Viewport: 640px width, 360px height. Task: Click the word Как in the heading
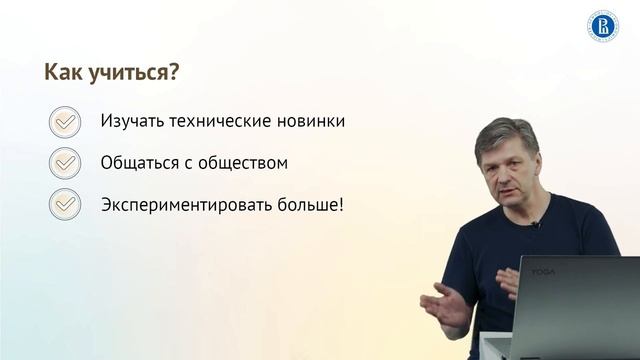click(64, 74)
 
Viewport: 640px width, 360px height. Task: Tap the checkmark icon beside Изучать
click(65, 121)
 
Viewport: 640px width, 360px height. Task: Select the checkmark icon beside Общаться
click(65, 162)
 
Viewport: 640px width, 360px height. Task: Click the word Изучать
click(134, 121)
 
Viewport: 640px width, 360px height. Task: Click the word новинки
click(314, 121)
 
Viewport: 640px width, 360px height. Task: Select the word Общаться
click(140, 162)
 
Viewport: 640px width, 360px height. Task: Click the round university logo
click(602, 26)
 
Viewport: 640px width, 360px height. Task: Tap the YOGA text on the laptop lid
click(541, 273)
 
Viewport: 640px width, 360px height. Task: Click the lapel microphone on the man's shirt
click(535, 225)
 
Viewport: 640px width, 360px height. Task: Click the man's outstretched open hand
click(443, 305)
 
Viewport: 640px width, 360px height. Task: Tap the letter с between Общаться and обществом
click(193, 163)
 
